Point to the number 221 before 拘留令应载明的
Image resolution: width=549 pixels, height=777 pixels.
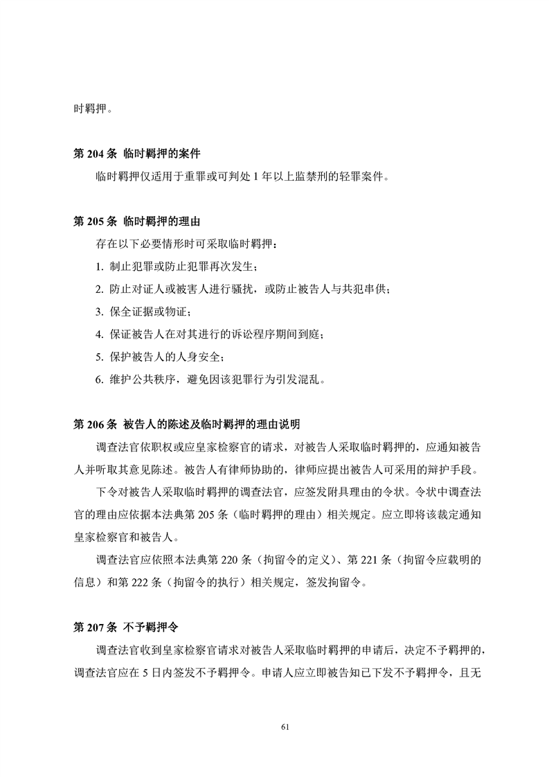tap(376, 560)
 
